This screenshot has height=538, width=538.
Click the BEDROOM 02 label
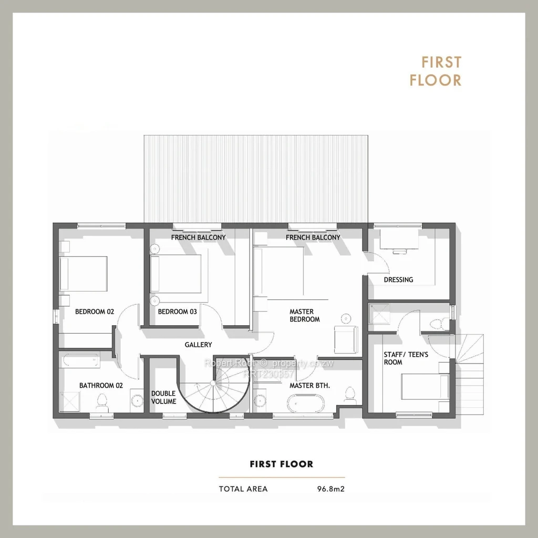click(x=95, y=312)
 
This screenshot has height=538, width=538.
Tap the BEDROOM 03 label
click(x=178, y=312)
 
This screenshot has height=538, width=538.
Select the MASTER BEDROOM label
click(x=305, y=315)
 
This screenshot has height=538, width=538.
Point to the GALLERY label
click(x=198, y=345)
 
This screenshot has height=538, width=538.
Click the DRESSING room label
click(x=398, y=280)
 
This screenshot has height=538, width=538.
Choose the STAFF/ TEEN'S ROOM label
click(x=406, y=358)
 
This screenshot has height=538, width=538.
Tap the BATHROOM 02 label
click(x=101, y=385)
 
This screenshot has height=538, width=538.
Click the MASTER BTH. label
click(x=309, y=385)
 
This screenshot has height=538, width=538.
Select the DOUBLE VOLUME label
click(x=164, y=397)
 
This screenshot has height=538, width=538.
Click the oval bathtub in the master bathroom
click(x=305, y=403)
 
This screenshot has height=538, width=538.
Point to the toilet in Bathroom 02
click(x=102, y=403)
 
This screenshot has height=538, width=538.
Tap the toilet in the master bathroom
click(x=350, y=394)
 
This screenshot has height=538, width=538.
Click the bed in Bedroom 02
click(x=84, y=273)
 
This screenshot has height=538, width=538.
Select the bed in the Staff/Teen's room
click(x=425, y=387)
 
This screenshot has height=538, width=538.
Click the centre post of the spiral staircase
click(x=213, y=382)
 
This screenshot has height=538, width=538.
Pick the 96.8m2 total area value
click(x=331, y=489)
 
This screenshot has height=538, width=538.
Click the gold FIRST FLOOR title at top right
click(x=436, y=71)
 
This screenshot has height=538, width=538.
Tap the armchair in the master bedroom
click(x=346, y=339)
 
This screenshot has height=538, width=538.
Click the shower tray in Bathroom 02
click(x=69, y=401)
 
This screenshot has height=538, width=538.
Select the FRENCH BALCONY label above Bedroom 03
click(x=198, y=237)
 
